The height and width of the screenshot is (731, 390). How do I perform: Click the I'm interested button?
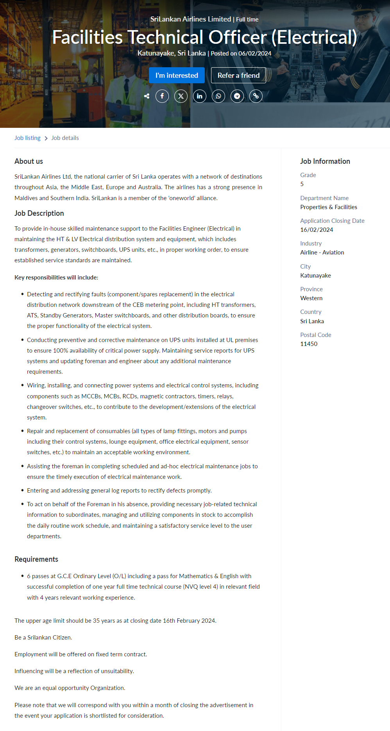177,75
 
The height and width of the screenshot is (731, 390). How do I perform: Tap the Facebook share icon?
162,96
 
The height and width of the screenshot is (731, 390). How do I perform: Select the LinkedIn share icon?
200,96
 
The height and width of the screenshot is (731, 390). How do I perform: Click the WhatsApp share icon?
218,96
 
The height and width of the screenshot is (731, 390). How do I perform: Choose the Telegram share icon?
237,96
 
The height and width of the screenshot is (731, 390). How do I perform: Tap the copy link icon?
256,96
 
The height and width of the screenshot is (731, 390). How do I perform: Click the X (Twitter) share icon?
181,96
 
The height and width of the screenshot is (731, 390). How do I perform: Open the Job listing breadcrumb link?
27,138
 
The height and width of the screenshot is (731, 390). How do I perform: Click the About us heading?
29,161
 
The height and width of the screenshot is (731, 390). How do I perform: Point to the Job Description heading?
39,213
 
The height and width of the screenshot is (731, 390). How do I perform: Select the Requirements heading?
36,559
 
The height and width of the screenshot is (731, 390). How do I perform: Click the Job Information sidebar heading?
325,161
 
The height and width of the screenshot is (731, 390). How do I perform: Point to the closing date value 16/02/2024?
317,230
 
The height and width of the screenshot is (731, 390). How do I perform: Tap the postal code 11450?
309,344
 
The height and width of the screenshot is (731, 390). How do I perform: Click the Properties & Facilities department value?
329,207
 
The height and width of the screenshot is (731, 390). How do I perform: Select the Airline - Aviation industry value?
322,253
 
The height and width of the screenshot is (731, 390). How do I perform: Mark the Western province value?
311,298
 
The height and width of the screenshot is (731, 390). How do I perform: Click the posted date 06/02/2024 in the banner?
255,54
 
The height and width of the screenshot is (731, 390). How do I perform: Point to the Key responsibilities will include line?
56,278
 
